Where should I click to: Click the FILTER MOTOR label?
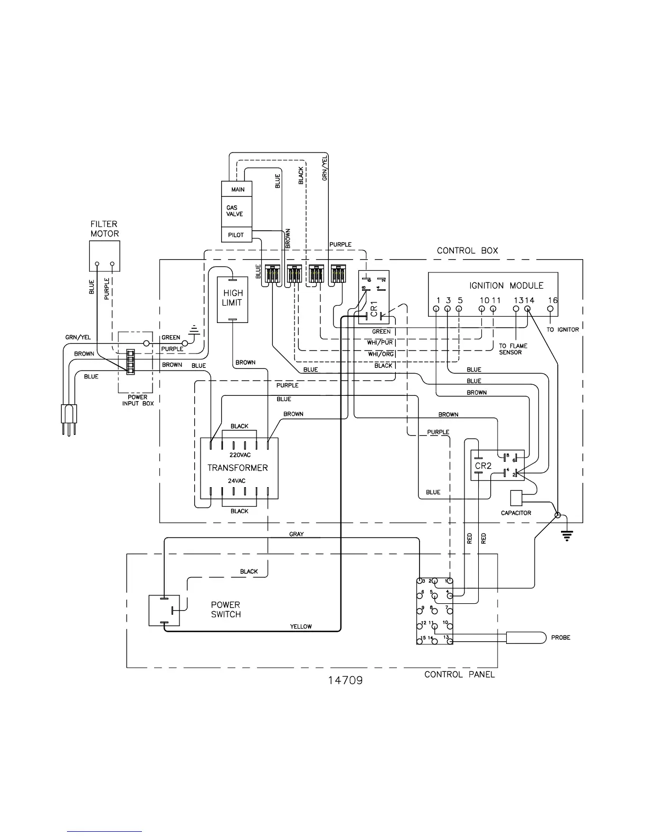point(104,229)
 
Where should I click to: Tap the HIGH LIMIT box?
point(232,298)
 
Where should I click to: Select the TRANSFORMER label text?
point(237,468)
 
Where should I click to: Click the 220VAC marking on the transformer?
point(240,455)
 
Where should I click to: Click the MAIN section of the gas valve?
point(237,189)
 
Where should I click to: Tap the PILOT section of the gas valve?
point(236,235)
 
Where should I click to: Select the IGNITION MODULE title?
point(506,286)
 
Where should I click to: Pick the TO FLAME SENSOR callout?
point(513,349)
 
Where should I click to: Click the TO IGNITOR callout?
point(563,329)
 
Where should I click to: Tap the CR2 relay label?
point(483,465)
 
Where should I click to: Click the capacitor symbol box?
point(516,498)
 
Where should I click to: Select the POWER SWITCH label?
point(226,610)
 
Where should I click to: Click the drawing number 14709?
point(345,680)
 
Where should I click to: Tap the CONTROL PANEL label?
point(460,674)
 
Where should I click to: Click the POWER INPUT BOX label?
point(138,400)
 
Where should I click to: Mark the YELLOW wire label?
point(301,626)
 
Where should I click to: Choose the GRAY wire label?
point(297,534)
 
